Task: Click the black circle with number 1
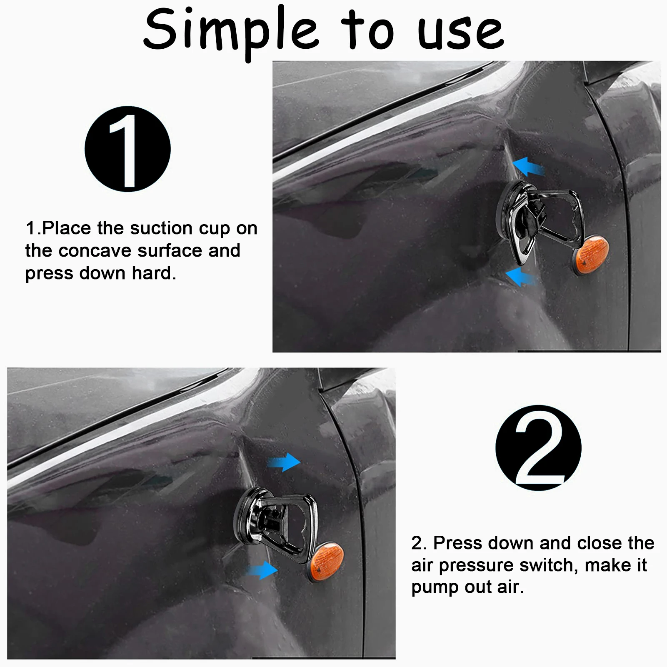tap(127, 149)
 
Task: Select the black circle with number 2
tap(538, 447)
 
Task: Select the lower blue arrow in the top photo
tap(520, 277)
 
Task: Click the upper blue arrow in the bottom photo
tap(284, 462)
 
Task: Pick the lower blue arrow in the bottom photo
tap(262, 570)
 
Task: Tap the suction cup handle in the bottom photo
tap(292, 525)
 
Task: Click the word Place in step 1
tap(66, 228)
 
